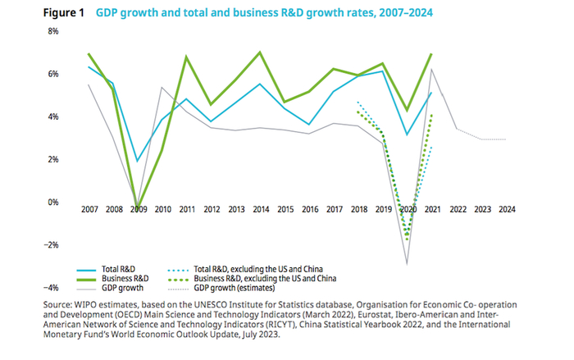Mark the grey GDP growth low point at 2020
pos(408,264)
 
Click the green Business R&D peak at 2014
pos(260,52)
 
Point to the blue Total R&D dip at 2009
pos(139,161)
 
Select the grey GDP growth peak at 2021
pos(432,70)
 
